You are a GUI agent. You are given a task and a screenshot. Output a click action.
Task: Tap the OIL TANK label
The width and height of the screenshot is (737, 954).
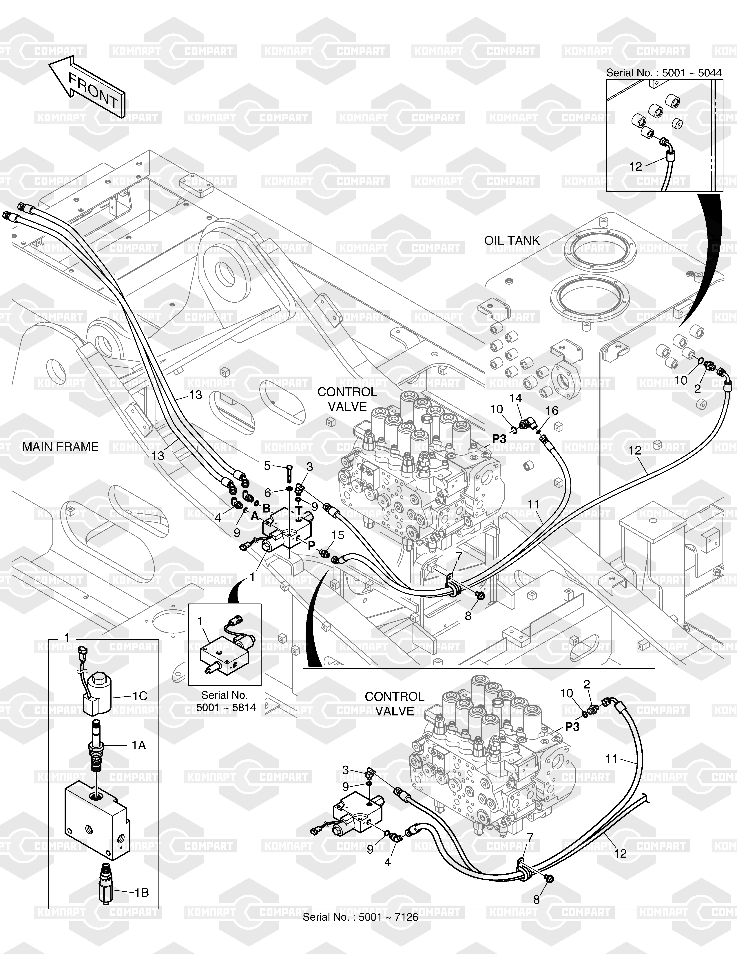[x=512, y=241]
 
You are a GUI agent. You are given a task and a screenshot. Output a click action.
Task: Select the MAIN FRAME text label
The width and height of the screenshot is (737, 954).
[x=60, y=447]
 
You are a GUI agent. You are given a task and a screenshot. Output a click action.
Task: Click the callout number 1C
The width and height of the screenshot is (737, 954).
[x=140, y=696]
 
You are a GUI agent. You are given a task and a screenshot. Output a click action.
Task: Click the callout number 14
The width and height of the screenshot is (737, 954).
[x=516, y=398]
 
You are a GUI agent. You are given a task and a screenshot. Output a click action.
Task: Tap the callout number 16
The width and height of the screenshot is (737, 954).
[x=552, y=411]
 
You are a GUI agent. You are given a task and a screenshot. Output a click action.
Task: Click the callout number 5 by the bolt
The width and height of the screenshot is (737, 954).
[x=268, y=466]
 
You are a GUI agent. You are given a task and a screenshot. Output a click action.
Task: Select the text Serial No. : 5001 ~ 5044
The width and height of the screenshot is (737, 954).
[x=664, y=72]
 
